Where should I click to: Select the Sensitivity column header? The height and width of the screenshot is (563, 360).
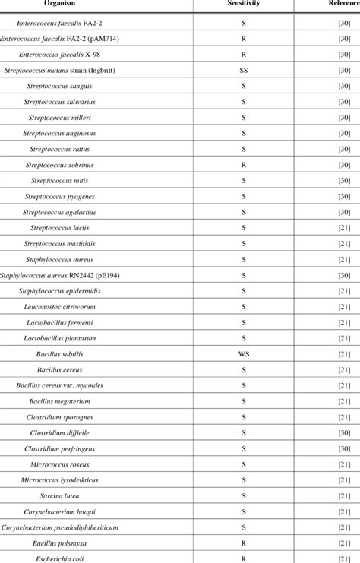[244, 5]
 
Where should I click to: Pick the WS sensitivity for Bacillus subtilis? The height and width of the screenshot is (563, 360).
[244, 354]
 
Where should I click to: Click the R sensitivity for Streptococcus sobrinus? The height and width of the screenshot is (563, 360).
[244, 165]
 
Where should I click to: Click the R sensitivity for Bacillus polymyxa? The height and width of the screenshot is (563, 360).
[244, 542]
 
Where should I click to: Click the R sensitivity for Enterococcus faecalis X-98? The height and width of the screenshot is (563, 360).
[244, 55]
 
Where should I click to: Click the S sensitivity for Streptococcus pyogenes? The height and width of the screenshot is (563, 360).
[244, 197]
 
